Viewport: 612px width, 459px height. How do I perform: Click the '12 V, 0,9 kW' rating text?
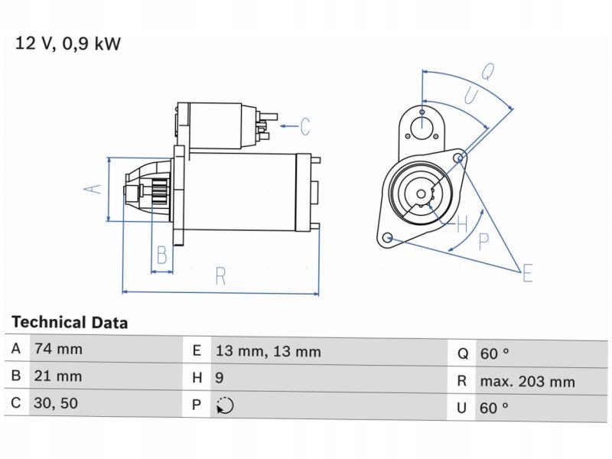pyautogui.click(x=67, y=44)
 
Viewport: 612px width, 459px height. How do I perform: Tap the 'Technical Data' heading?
pyautogui.click(x=70, y=323)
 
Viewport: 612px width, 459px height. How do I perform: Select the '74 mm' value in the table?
pyautogui.click(x=57, y=350)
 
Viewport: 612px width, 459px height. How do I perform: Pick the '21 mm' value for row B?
pyautogui.click(x=57, y=377)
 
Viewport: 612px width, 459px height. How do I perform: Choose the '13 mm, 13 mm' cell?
pyautogui.click(x=267, y=352)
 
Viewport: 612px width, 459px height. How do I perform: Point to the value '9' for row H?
pyautogui.click(x=220, y=378)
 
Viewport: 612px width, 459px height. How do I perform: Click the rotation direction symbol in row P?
pyautogui.click(x=225, y=405)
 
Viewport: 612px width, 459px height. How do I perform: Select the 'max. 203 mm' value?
pyautogui.click(x=527, y=381)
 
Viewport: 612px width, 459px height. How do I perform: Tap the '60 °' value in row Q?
pyautogui.click(x=494, y=353)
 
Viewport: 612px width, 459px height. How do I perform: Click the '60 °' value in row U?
pyautogui.click(x=494, y=408)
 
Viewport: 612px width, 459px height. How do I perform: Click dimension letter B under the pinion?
pyautogui.click(x=161, y=255)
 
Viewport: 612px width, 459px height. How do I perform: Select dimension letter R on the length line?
pyautogui.click(x=220, y=277)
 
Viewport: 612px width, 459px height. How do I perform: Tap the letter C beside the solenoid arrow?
pyautogui.click(x=304, y=125)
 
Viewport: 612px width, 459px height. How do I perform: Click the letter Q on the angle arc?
pyautogui.click(x=487, y=73)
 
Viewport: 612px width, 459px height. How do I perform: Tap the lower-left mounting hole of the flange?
pyautogui.click(x=388, y=237)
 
